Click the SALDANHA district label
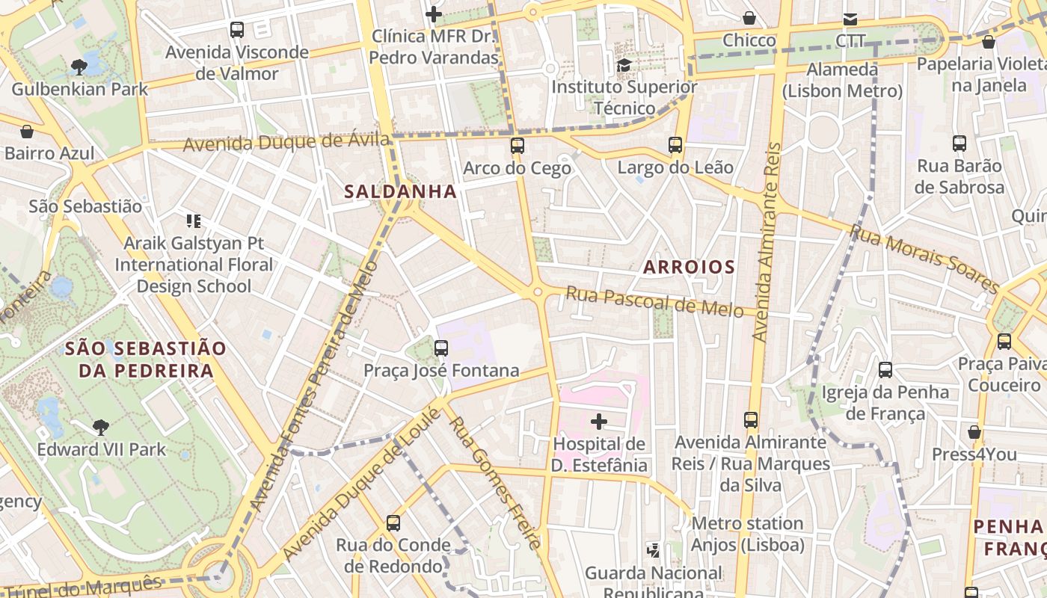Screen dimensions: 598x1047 coord(400,191)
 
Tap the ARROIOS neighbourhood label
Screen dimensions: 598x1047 coord(689,267)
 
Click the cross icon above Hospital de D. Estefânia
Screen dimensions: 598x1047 coord(598,422)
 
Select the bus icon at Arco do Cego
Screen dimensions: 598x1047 coord(517,146)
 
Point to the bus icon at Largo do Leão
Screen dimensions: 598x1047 coord(675,145)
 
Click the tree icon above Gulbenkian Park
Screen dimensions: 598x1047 coord(79,67)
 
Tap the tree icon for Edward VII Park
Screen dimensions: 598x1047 coord(101,428)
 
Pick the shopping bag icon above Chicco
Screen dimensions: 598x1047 coord(749,18)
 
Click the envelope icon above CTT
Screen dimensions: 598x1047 coord(850,19)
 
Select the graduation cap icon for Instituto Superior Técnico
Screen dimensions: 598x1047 coord(624,65)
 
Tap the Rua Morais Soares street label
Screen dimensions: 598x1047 coord(924,259)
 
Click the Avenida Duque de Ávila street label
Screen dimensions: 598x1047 coord(286,142)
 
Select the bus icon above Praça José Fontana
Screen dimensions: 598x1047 coord(441,348)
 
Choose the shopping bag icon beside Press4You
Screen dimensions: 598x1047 coord(974,432)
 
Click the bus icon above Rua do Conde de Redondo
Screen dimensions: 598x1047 coord(393,523)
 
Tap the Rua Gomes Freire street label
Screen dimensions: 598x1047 coord(494,483)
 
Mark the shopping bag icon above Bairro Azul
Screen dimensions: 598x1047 coord(27,132)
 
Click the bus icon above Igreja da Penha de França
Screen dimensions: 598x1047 coord(885,369)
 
